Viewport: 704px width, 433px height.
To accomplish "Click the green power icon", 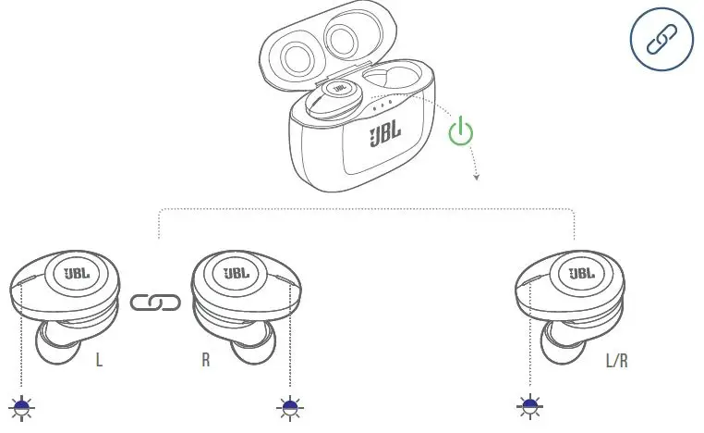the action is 460,132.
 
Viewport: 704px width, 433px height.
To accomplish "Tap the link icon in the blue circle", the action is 661,40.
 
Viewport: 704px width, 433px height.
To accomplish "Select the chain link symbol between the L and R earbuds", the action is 155,303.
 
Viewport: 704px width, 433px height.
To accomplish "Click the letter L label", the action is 99,360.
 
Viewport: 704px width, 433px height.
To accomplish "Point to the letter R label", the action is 206,360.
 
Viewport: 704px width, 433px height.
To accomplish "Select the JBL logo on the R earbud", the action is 237,274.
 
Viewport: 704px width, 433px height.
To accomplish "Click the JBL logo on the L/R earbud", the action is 581,274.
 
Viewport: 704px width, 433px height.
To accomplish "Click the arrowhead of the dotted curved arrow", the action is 477,176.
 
